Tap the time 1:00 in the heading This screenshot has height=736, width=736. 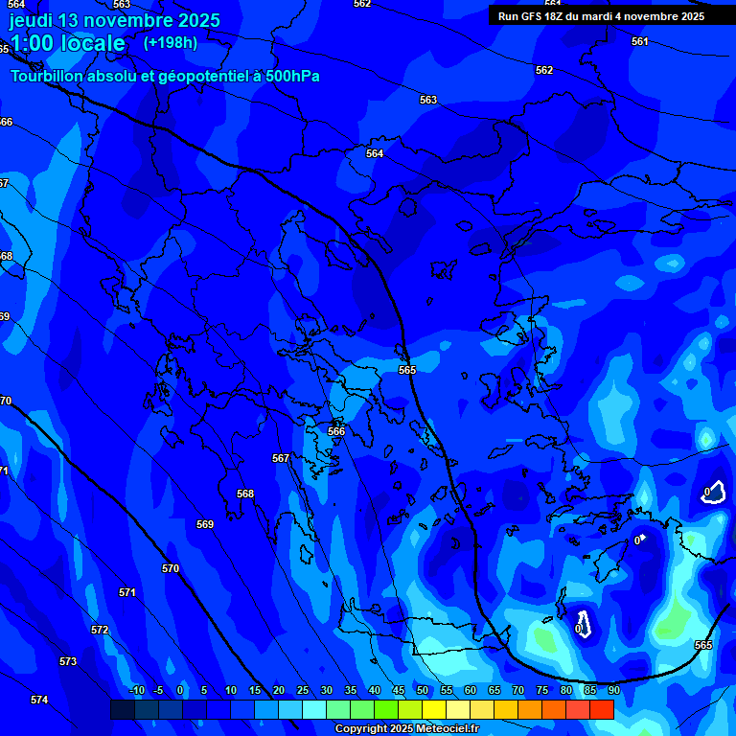click(x=31, y=43)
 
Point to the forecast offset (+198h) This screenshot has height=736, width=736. click(x=170, y=42)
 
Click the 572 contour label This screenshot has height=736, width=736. click(x=100, y=630)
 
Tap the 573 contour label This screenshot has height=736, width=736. click(x=68, y=662)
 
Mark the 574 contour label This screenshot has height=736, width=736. click(x=39, y=701)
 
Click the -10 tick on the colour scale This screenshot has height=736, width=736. click(x=136, y=691)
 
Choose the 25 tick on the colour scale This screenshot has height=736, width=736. click(x=302, y=691)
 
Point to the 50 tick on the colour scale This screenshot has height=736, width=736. click(x=423, y=691)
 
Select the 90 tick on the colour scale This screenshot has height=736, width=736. click(x=613, y=691)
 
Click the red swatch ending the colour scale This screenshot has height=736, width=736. click(x=601, y=709)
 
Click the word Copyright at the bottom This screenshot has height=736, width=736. click(x=360, y=729)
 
